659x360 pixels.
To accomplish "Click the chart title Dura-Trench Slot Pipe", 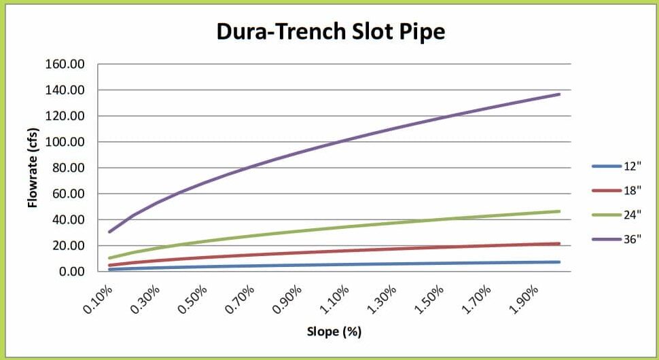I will (x=331, y=31).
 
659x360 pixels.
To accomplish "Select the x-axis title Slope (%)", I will (x=334, y=332).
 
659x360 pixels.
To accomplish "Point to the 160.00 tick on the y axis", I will (x=65, y=65).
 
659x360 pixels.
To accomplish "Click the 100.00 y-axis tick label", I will (x=65, y=142).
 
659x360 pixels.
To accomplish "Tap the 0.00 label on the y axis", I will (x=70, y=272).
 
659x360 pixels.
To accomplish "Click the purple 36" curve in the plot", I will (x=340, y=141).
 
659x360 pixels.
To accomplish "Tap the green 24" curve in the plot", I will (x=340, y=227).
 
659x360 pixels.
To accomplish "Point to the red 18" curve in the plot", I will (x=340, y=251).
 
